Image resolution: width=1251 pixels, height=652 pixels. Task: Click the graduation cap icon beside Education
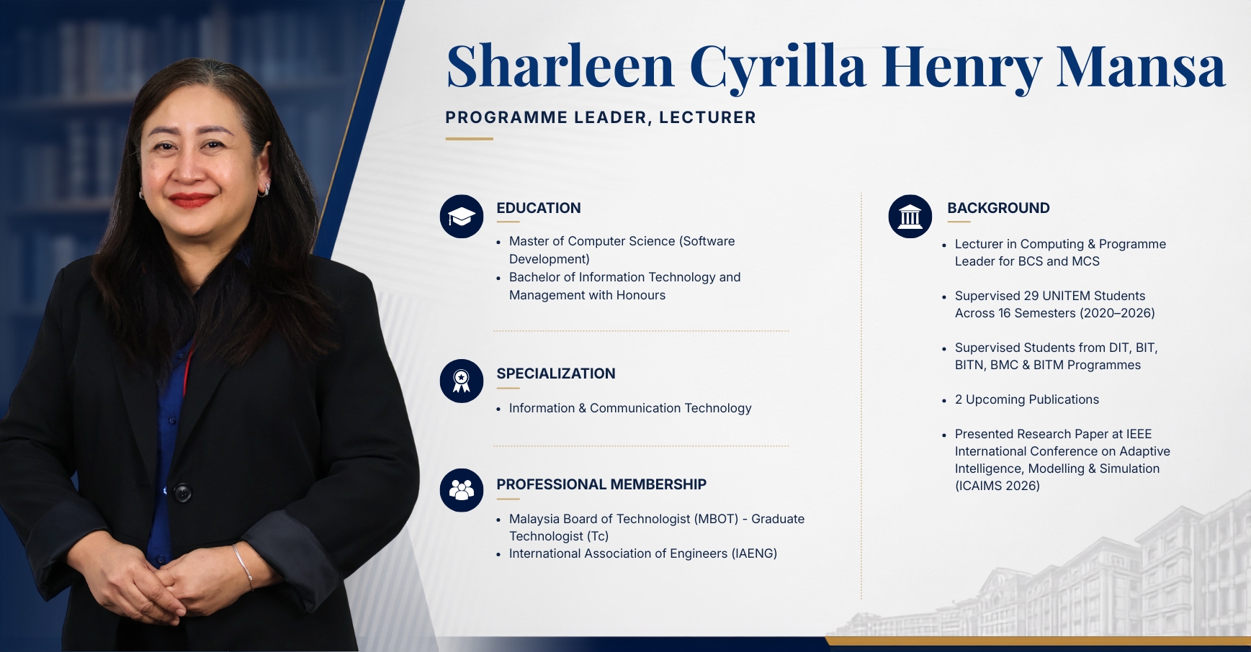tap(462, 217)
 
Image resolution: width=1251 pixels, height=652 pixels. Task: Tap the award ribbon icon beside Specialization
tap(462, 381)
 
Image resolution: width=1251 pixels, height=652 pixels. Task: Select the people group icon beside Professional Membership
tap(462, 490)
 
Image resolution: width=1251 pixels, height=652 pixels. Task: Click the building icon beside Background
tap(910, 217)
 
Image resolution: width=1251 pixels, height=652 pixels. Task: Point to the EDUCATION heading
tap(539, 208)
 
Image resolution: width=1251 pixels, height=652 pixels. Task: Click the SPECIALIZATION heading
tap(556, 373)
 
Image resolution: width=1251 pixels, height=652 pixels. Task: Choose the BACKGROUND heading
tap(998, 208)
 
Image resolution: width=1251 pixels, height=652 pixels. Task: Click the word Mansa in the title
tap(1141, 66)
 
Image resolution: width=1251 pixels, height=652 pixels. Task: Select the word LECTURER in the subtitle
tap(707, 117)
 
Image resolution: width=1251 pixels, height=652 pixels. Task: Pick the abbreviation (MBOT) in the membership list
tap(717, 519)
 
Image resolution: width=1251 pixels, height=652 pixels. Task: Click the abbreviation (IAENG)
tap(754, 553)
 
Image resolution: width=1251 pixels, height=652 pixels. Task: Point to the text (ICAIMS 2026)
tap(997, 486)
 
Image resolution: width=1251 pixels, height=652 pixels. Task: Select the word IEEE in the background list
tap(1139, 434)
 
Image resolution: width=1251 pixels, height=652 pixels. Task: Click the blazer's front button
tap(183, 493)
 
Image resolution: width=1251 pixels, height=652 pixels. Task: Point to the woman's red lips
tap(191, 199)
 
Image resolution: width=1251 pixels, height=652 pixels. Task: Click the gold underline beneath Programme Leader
tap(469, 139)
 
